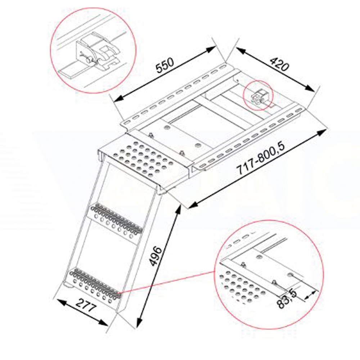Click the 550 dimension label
(x=165, y=65)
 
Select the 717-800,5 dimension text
(x=260, y=158)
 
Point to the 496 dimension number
(x=155, y=256)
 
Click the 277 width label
(x=85, y=305)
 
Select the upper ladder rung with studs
(x=116, y=221)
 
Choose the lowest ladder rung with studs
(x=95, y=285)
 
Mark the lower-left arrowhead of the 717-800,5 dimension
(x=192, y=206)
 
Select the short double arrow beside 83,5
(x=310, y=296)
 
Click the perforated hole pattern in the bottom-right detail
(x=242, y=287)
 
